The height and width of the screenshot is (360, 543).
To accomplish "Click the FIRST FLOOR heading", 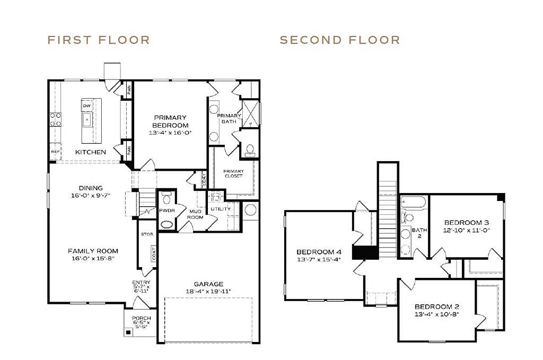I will point(99,40).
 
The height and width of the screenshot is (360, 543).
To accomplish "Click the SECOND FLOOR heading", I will point(340,40).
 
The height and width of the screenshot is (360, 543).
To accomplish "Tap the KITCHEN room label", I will point(90,152).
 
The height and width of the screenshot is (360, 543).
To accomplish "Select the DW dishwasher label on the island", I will point(86,106).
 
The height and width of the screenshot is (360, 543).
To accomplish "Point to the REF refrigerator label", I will point(55,152).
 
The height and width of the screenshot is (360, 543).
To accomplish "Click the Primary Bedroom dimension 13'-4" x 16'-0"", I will point(170,133).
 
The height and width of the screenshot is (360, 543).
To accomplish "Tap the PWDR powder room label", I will point(167,210).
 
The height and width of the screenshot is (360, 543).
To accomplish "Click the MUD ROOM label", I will point(196,214).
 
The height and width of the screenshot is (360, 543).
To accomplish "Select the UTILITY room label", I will point(221,209).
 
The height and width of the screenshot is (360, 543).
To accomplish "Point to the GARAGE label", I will point(208,284).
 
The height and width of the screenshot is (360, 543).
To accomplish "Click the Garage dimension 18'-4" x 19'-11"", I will point(208,292).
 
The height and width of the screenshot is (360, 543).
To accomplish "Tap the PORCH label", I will point(141,318).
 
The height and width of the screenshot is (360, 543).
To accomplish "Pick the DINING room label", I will point(91,188).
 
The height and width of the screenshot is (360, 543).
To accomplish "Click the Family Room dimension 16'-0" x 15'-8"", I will point(93,258).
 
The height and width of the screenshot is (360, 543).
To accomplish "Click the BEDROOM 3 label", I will point(466,222).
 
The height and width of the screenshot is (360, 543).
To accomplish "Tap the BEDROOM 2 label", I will point(436,306).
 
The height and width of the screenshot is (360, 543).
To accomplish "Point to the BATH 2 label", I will point(419,233).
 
